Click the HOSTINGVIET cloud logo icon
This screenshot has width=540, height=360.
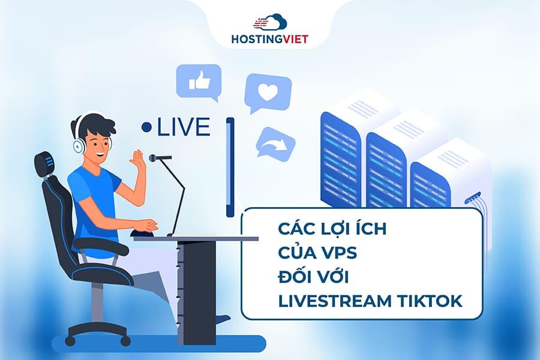[269, 23]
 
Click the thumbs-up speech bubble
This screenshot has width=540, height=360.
[198, 81]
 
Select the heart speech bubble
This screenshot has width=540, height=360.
[268, 91]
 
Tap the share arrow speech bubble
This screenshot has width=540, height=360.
[275, 143]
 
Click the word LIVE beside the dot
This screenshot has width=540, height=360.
[184, 127]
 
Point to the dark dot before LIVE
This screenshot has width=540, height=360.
[146, 127]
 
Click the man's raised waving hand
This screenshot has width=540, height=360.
[139, 160]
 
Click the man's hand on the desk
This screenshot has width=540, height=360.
[147, 226]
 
